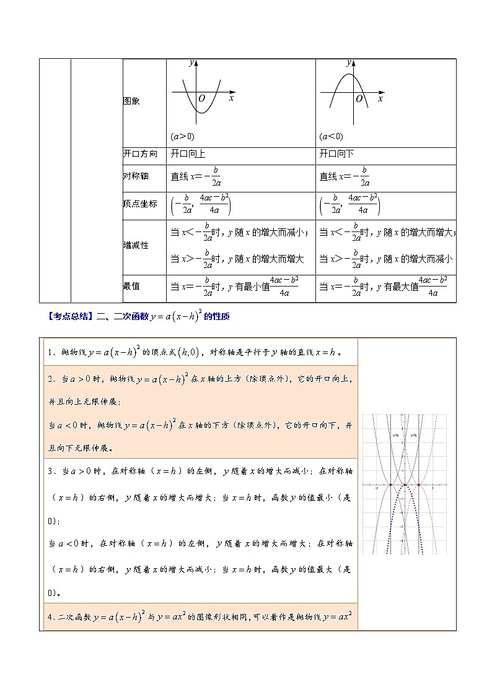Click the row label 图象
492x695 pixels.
131,101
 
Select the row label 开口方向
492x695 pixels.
140,154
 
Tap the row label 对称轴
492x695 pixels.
136,176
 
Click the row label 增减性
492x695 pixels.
136,245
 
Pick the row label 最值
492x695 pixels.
131,286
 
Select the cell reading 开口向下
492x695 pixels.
336,154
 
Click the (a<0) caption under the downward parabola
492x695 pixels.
331,137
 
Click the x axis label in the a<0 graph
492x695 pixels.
380,98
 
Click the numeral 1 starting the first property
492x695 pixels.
50,353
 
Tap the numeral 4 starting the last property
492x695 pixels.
50,617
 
